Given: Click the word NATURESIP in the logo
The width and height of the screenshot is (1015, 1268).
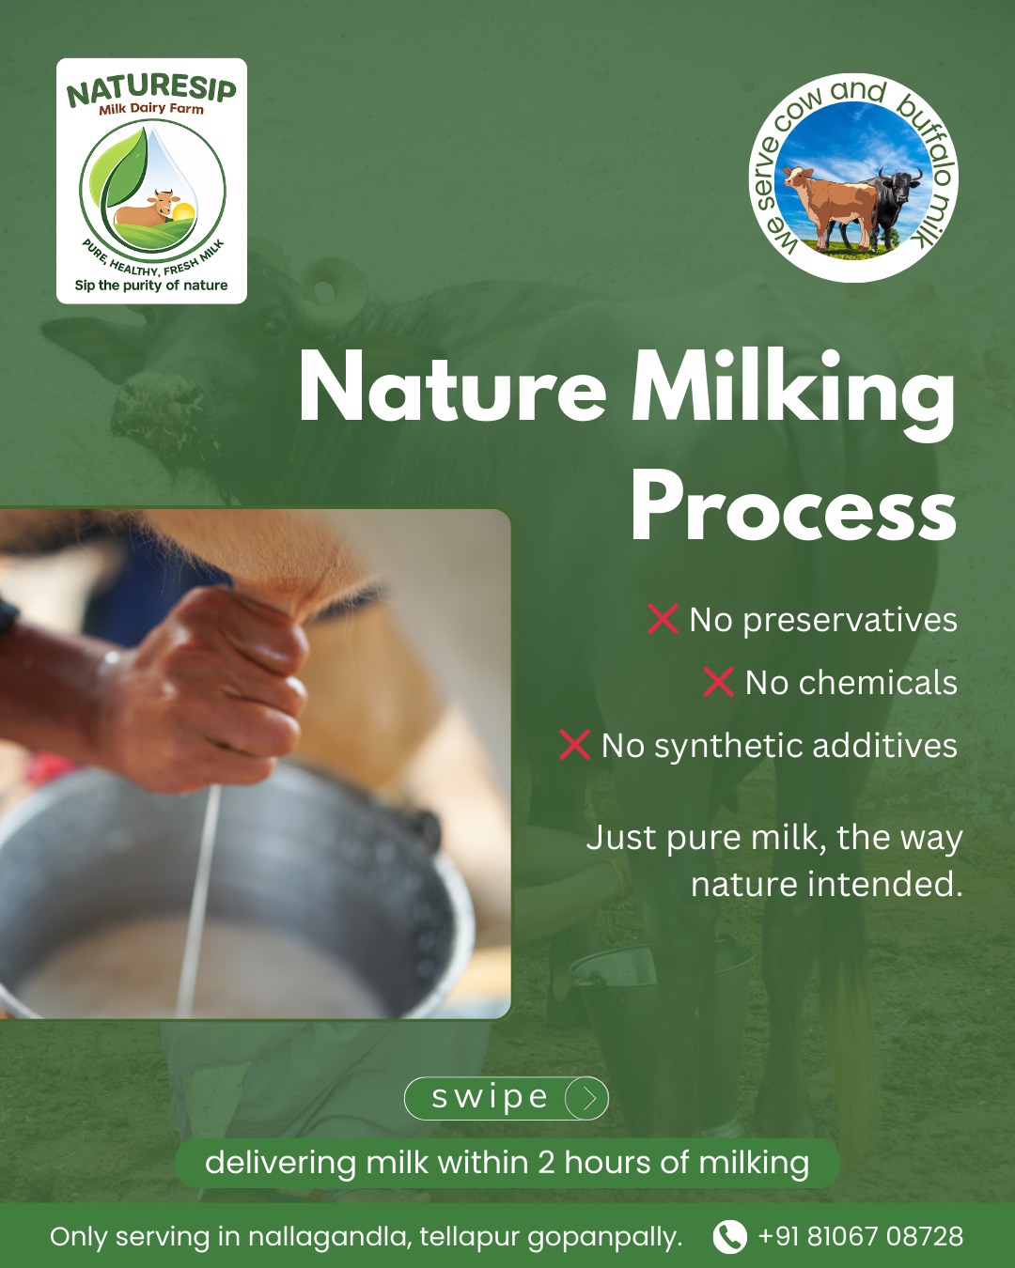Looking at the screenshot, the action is coord(151,91).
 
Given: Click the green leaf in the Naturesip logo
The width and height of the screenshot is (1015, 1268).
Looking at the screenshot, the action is coord(124,172).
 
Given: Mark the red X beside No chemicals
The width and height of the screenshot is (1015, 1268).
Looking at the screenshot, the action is coord(718,682).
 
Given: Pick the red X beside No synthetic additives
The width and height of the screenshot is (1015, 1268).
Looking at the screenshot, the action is coord(574,745).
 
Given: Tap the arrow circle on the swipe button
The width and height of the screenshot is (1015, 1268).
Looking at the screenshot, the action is coord(586,1098).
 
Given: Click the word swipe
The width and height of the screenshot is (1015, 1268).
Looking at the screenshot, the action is coord(490,1097).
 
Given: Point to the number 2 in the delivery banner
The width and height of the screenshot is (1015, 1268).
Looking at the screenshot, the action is coord(546,1163).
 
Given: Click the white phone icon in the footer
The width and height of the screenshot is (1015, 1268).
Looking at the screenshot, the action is coord(729,1236).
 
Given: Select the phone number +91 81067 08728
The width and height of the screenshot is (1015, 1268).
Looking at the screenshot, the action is coord(861,1235).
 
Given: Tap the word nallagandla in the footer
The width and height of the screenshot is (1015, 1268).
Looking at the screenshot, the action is coord(330,1237).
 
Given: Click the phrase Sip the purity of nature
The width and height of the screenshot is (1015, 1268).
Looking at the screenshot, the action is coord(151,286).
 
